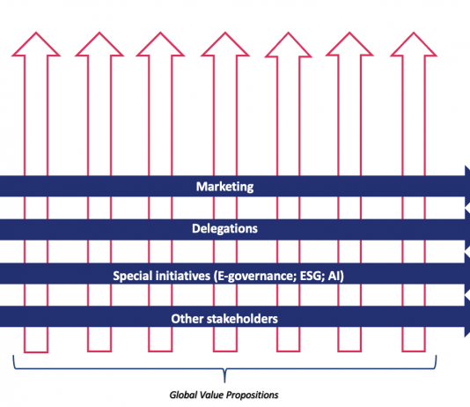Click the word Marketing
[224, 187]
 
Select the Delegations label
[224, 228]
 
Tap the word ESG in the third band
[312, 276]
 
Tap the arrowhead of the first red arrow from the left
[36, 44]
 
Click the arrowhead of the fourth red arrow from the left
[225, 44]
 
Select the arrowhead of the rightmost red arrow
[414, 44]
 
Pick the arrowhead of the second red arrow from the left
[99, 44]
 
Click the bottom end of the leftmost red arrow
[36, 351]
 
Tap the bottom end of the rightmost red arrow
[414, 351]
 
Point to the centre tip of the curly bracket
[224, 382]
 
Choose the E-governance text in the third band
[255, 277]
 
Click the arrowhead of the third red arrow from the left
[160, 44]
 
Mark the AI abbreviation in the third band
[335, 276]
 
